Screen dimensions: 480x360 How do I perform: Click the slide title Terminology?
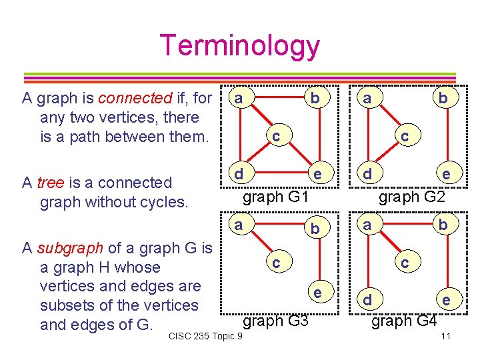(x=239, y=45)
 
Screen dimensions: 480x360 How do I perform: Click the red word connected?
(x=135, y=99)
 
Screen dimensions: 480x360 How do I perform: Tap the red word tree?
(x=51, y=183)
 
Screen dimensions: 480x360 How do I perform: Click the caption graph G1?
(x=275, y=197)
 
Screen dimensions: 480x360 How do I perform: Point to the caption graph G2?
(x=412, y=197)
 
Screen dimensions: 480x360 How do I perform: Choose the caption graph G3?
(x=275, y=321)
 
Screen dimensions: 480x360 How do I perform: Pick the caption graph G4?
(x=404, y=321)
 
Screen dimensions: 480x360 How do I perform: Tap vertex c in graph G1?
(x=275, y=136)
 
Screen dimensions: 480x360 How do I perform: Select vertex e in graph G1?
(x=318, y=175)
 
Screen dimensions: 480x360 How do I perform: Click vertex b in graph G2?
(x=442, y=99)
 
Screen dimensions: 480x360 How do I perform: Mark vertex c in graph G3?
(x=275, y=263)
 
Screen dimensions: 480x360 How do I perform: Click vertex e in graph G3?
(x=318, y=291)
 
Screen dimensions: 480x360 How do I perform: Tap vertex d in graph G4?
(x=365, y=299)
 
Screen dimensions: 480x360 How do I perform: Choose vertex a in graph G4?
(x=365, y=225)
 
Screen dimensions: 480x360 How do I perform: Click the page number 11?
(x=447, y=335)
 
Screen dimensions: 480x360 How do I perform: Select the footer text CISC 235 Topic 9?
(x=205, y=335)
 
